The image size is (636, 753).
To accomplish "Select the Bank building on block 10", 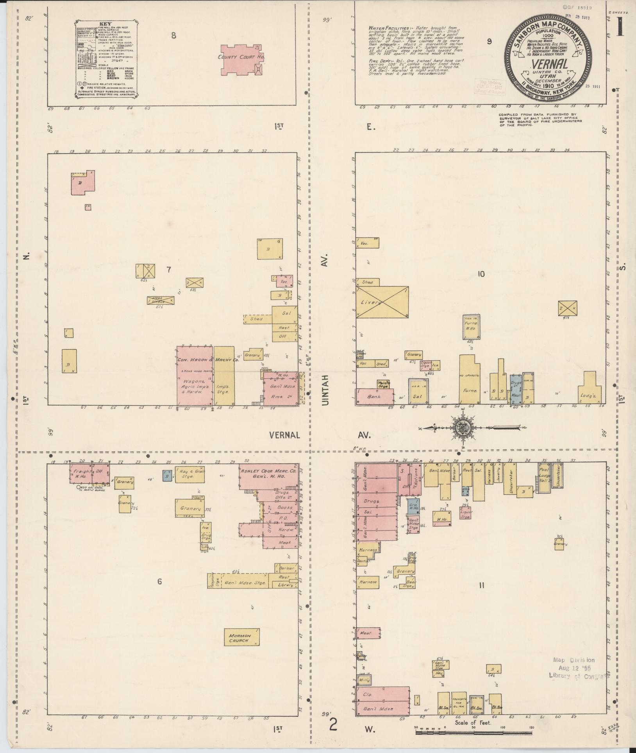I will pyautogui.click(x=374, y=396).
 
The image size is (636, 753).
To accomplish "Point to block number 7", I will pyautogui.click(x=169, y=270).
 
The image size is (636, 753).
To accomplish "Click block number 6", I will pyautogui.click(x=159, y=581).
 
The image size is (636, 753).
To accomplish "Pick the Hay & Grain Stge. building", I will pyautogui.click(x=190, y=474).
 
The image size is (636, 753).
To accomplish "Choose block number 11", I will pyautogui.click(x=481, y=585).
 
